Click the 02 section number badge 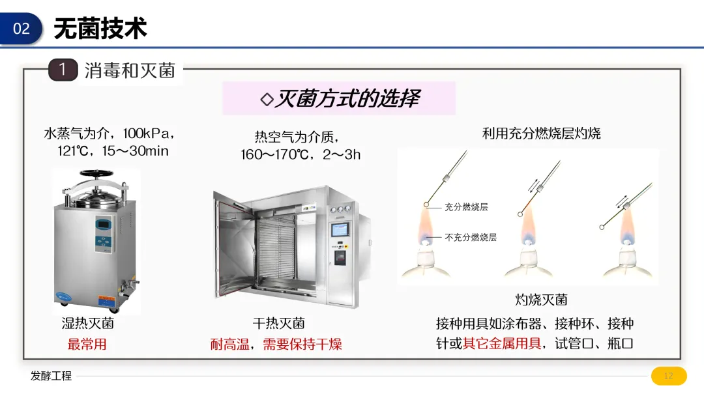pos(22,29)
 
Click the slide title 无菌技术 pos(100,29)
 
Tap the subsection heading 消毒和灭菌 pos(130,70)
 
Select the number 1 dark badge pos(63,70)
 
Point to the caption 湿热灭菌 pos(87,323)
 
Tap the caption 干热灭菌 pos(279,323)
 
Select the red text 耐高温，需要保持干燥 pos(276,344)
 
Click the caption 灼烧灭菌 pos(541,300)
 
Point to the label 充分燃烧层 pos(466,207)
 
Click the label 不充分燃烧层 pos(471,238)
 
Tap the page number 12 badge pos(669,376)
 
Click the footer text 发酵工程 pos(51,376)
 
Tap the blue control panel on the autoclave pos(104,233)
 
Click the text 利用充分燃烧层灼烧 pos(541,134)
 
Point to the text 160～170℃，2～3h pos(301,154)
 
